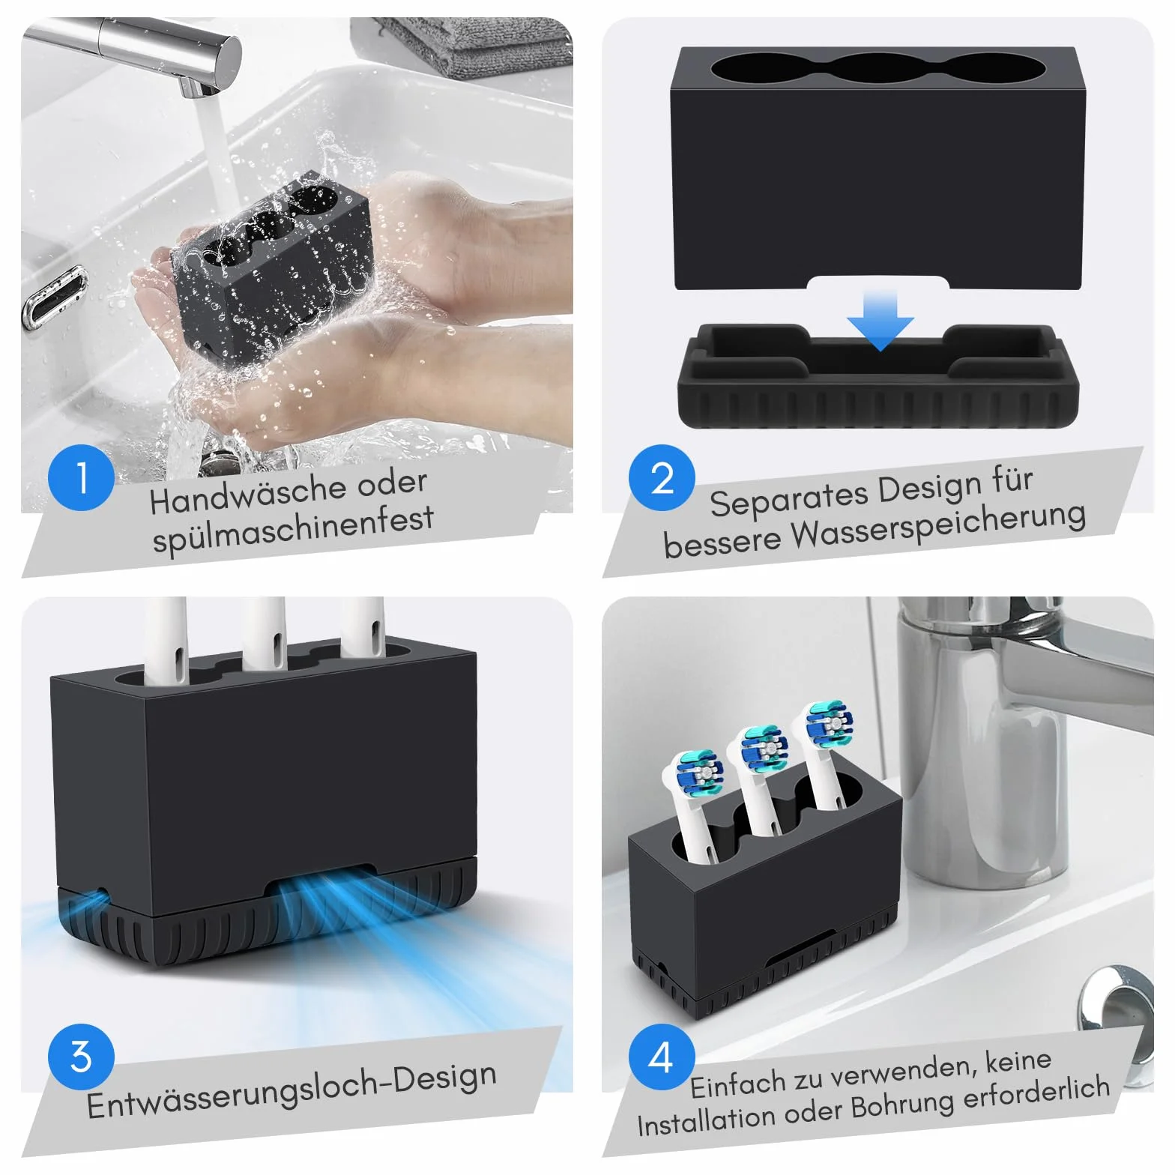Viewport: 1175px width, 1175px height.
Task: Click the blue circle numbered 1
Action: (x=81, y=477)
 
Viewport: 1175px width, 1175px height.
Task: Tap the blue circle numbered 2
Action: (x=662, y=477)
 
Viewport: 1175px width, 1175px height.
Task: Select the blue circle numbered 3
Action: (x=81, y=1057)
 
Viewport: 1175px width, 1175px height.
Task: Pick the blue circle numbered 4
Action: (x=662, y=1057)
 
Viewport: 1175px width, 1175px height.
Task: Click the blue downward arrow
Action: (x=881, y=320)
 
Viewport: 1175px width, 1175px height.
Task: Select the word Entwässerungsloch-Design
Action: (x=292, y=1092)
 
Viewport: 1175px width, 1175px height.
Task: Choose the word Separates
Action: (x=790, y=497)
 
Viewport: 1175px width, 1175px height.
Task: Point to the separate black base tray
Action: (x=878, y=377)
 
